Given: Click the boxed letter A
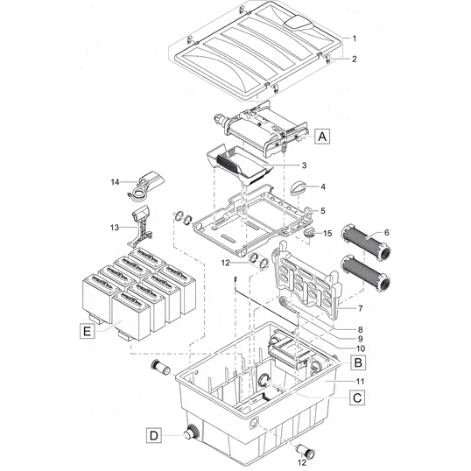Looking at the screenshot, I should (323, 137).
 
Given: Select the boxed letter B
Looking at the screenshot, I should (357, 361).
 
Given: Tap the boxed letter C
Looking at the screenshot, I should (357, 397).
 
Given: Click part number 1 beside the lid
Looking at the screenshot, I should (355, 38).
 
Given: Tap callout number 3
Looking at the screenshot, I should (303, 165).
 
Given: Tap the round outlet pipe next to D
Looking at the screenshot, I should (187, 432).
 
